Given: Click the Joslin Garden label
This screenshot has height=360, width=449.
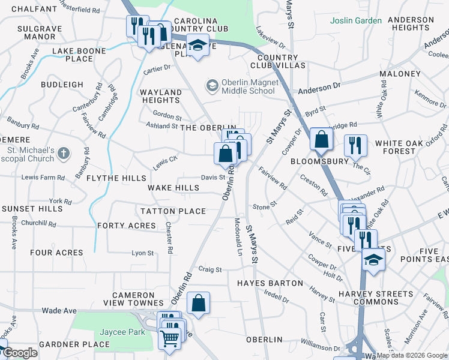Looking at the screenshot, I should click(x=356, y=21).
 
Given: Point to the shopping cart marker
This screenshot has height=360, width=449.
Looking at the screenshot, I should click(x=169, y=338).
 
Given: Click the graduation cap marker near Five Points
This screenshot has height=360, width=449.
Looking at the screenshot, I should click(x=373, y=260).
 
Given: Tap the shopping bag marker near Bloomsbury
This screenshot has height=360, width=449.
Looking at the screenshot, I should click(x=322, y=139).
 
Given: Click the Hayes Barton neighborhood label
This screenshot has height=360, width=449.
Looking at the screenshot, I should click(x=270, y=283).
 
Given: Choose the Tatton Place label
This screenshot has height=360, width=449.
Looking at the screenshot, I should click(x=173, y=211).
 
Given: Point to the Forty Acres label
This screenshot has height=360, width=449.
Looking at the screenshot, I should click(x=126, y=226).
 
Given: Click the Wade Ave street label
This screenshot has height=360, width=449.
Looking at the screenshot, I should click(x=59, y=311).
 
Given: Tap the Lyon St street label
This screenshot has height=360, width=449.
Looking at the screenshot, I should click(x=143, y=253).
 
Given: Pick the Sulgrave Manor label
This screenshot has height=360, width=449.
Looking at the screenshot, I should click(x=36, y=32).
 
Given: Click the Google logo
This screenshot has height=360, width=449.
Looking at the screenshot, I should click(x=20, y=353).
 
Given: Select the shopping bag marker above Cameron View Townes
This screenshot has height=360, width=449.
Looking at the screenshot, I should click(x=198, y=304).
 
